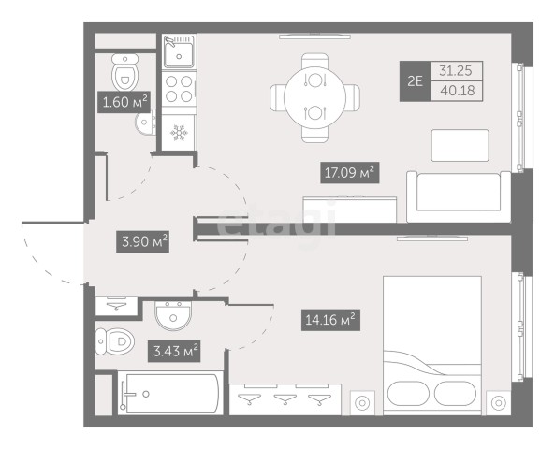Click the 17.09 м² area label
click(350, 173)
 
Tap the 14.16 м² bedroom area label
click(330, 320)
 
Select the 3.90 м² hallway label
click(142, 241)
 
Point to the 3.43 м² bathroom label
click(174, 351)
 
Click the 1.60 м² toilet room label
click(124, 102)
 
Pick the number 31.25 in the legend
click(456, 71)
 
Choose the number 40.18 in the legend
click(458, 91)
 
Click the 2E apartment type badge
click(416, 81)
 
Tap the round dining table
click(314, 97)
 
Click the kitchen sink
click(179, 51)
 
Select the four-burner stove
click(179, 89)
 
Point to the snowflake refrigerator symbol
click(179, 132)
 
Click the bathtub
click(170, 393)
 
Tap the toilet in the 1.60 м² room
click(125, 72)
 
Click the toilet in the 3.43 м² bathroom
click(115, 341)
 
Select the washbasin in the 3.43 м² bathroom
click(173, 315)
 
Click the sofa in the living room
click(459, 196)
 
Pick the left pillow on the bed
click(408, 394)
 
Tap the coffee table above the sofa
click(460, 145)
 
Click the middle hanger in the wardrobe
click(285, 399)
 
